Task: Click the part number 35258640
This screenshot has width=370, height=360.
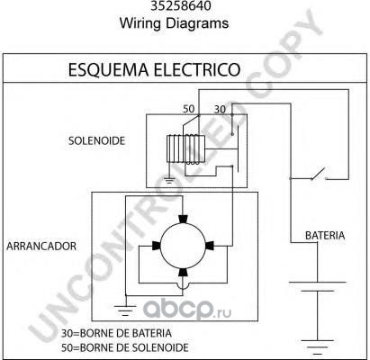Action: point(181,5)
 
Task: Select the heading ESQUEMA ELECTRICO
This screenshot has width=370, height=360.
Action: point(154,69)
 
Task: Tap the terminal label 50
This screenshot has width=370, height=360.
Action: point(189,109)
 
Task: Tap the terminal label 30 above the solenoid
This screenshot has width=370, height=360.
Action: point(220,110)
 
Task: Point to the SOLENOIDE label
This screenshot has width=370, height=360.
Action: point(96,140)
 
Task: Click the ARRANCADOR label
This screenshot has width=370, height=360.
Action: point(41,246)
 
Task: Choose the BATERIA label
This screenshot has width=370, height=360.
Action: point(325,236)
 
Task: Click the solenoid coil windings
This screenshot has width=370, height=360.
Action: point(185,149)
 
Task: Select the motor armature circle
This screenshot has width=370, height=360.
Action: point(183,246)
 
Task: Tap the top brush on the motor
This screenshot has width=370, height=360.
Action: point(183,220)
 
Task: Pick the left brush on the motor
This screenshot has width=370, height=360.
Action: point(157,246)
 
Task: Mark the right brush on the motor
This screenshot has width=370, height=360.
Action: point(210,246)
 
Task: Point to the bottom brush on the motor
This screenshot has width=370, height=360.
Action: point(183,272)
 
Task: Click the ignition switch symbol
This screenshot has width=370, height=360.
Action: point(319,174)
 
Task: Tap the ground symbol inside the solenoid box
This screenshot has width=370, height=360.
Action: point(169,180)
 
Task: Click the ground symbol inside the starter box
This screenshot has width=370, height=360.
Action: point(125,310)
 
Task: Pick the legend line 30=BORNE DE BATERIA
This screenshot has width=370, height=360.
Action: point(116,333)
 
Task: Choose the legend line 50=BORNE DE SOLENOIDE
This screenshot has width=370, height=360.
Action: point(125,347)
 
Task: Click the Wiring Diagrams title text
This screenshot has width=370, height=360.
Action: point(174,23)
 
